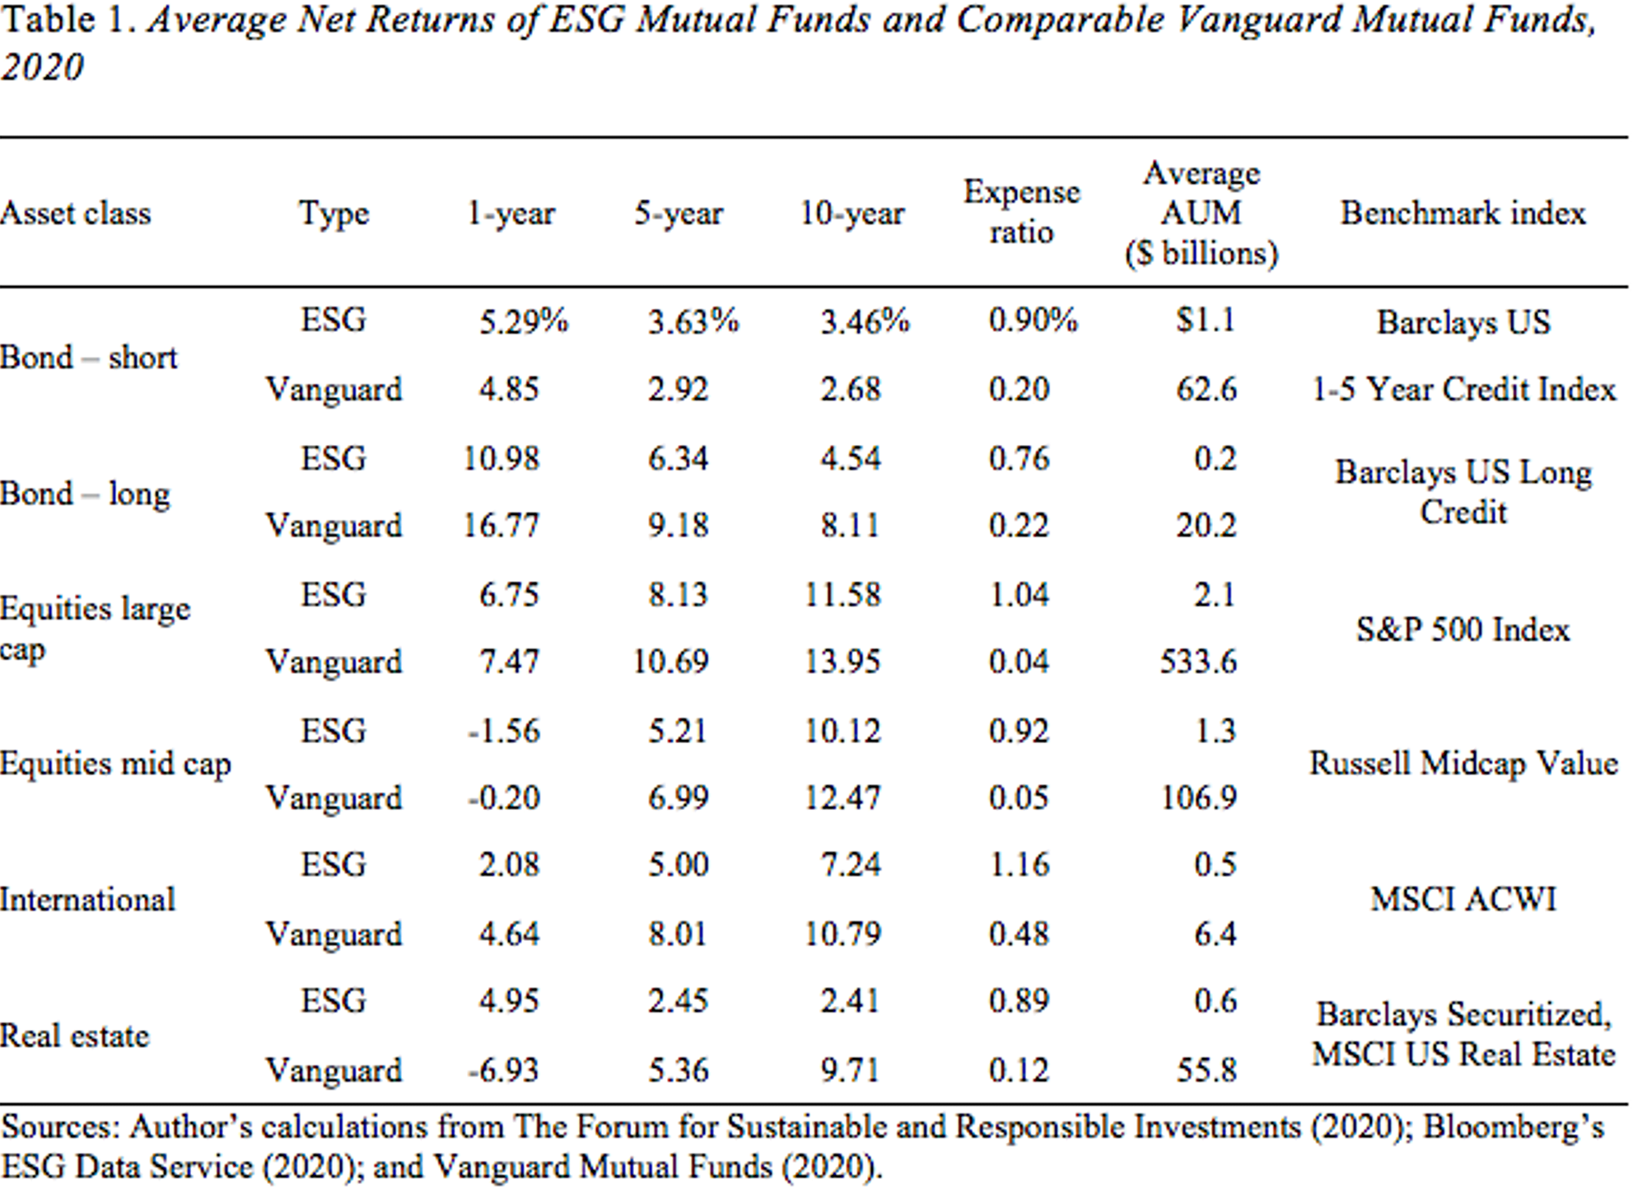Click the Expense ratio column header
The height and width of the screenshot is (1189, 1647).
(x=1021, y=213)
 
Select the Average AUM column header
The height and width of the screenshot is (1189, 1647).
(x=1201, y=213)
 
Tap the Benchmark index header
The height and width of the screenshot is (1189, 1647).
(x=1463, y=213)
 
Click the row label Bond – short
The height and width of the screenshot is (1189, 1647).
(x=88, y=358)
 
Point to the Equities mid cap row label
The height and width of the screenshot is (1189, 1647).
(x=115, y=764)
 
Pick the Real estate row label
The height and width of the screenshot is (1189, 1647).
(x=75, y=1036)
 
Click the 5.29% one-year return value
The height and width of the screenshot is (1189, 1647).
(x=523, y=321)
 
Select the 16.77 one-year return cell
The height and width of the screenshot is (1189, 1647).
(x=501, y=525)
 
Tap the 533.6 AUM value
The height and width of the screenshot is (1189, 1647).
(x=1198, y=662)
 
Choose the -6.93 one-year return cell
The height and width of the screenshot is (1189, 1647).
(x=503, y=1070)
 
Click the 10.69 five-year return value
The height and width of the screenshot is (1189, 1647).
(x=670, y=662)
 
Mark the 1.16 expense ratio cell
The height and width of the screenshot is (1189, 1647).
(x=1019, y=864)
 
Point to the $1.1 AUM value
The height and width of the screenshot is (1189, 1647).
(x=1205, y=321)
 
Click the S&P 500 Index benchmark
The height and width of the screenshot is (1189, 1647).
(x=1463, y=630)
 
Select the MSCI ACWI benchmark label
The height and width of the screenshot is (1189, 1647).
(x=1463, y=899)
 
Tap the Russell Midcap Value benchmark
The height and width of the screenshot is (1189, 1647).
(x=1463, y=764)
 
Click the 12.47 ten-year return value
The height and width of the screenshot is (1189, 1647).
(x=842, y=798)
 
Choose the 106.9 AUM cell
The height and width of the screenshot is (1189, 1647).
(x=1198, y=798)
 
